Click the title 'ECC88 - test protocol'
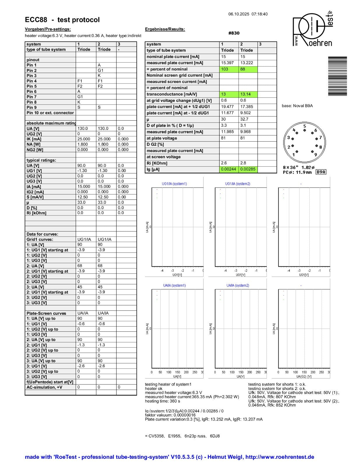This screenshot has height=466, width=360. [62, 20]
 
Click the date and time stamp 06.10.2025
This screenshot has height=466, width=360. [248, 14]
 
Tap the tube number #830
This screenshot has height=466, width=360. [234, 33]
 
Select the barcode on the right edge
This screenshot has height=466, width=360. [337, 76]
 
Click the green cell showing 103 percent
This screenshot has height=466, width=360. [229, 69]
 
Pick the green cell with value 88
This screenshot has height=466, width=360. [248, 69]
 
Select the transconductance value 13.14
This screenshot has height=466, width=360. [248, 94]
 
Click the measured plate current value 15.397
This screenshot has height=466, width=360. [229, 63]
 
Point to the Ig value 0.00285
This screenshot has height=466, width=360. [248, 169]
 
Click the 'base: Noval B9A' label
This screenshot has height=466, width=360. [297, 106]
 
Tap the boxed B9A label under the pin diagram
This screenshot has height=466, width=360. [321, 172]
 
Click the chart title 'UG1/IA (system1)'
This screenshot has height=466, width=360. [174, 184]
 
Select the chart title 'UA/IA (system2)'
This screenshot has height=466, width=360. [238, 285]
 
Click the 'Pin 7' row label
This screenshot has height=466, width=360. [32, 97]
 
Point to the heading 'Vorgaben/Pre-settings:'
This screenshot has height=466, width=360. [48, 29]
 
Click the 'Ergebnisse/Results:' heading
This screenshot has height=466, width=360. [165, 29]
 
